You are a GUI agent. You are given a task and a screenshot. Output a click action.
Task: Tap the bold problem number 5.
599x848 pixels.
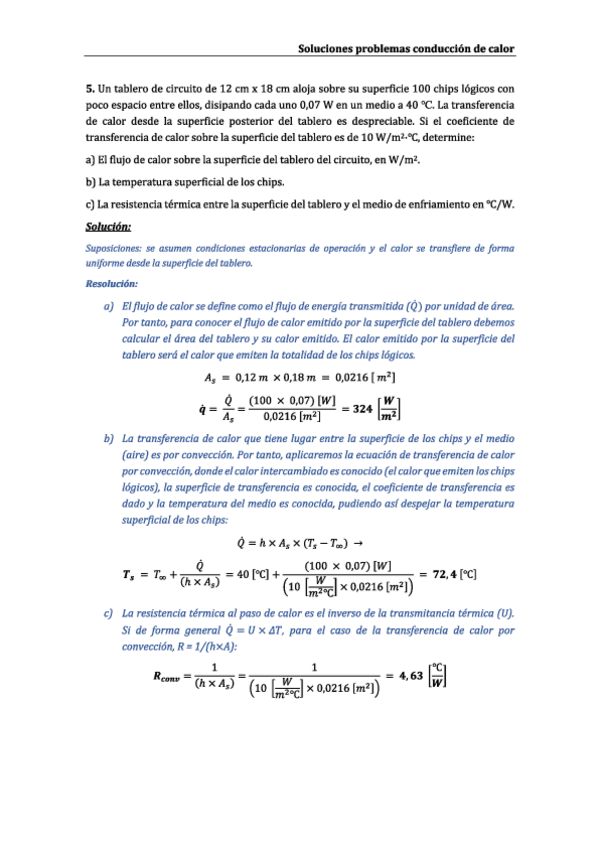click(89, 89)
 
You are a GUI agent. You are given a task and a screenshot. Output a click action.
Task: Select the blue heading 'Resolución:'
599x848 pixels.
click(112, 284)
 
